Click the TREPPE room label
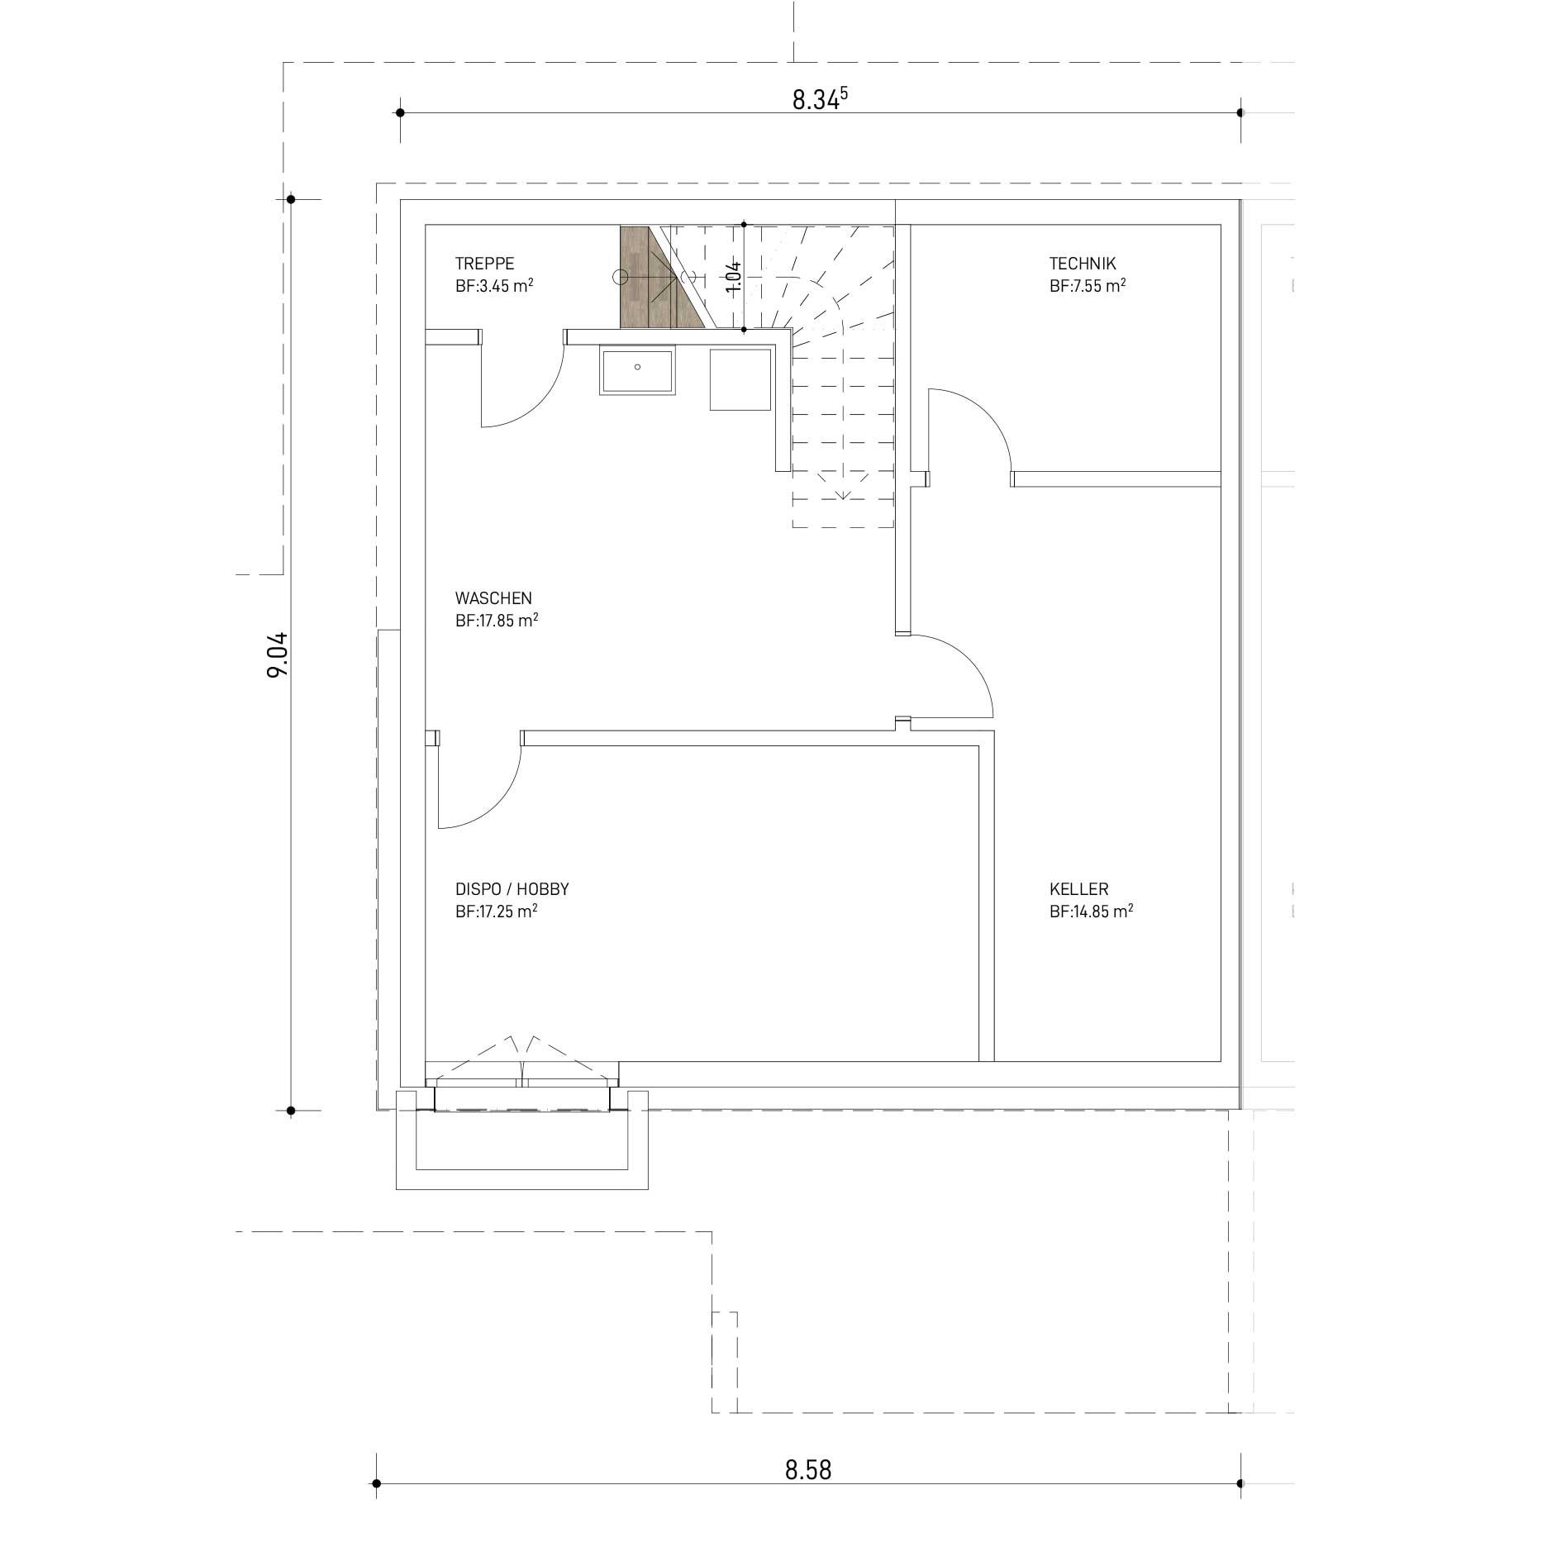point(484,264)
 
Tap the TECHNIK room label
point(1083,264)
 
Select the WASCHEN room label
point(493,597)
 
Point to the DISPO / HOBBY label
point(512,889)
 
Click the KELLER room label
point(1078,889)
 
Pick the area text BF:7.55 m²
point(1088,286)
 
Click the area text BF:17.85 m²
point(497,620)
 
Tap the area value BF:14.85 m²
point(1091,912)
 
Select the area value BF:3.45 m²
point(493,286)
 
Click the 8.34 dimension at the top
point(821,99)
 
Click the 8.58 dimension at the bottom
point(808,1470)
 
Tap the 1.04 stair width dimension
point(733,276)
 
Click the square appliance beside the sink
point(740,378)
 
